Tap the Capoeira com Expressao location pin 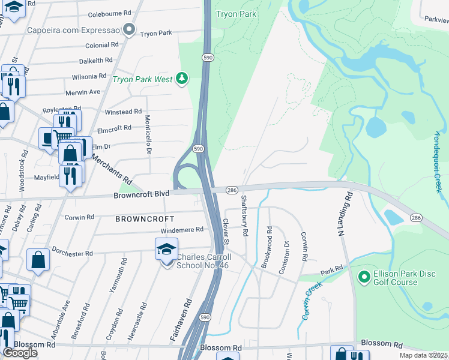click(x=127, y=29)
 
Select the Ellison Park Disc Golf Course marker click(x=363, y=277)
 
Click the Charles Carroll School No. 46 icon click(x=167, y=250)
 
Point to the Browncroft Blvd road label click(x=142, y=195)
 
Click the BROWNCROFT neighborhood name click(x=145, y=219)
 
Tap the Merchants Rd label click(x=111, y=169)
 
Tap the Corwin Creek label click(x=312, y=300)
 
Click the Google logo click(x=20, y=353)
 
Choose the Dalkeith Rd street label click(x=96, y=61)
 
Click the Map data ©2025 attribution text click(x=423, y=355)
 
